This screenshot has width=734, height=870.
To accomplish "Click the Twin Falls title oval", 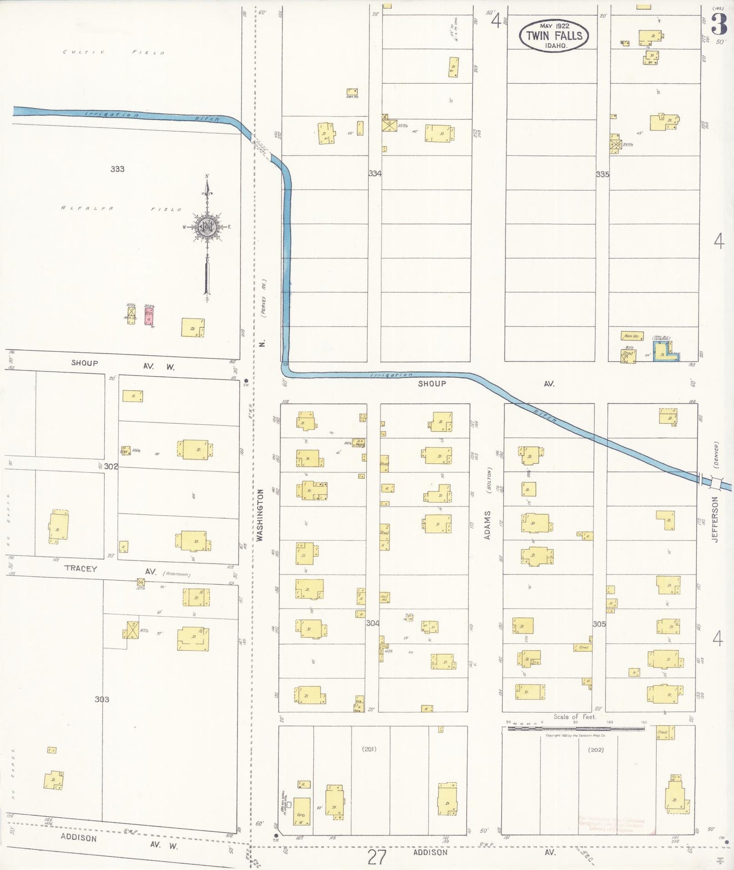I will click(x=554, y=36).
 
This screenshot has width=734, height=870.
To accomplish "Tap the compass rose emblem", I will click(x=207, y=228).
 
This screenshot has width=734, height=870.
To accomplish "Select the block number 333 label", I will click(x=117, y=169).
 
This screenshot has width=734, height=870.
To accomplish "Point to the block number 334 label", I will click(x=375, y=174).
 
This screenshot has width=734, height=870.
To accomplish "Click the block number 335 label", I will click(x=602, y=174).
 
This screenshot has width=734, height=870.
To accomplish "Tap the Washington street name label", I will click(x=260, y=515).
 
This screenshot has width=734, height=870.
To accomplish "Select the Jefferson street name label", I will click(x=715, y=519).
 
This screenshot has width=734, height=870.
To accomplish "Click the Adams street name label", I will click(x=487, y=525).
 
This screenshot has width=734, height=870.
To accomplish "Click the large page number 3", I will click(x=719, y=23).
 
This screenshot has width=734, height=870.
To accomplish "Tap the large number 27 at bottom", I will click(x=376, y=857).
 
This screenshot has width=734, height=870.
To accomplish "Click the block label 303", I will click(x=102, y=699).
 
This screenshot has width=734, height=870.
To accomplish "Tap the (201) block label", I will click(x=369, y=749).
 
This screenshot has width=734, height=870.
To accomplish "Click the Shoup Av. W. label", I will click(x=122, y=364).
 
